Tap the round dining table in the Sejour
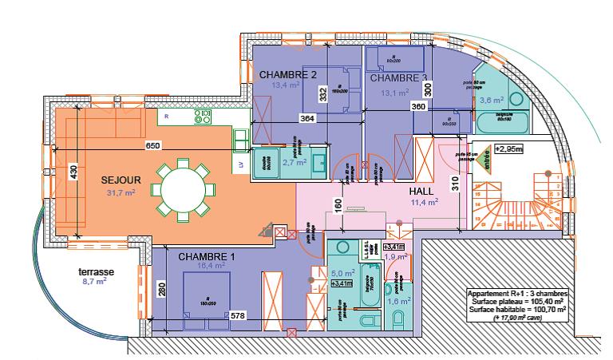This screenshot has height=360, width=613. [x=184, y=192]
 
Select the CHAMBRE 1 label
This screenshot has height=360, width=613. [x=207, y=256]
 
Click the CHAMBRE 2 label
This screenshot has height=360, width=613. [x=289, y=75]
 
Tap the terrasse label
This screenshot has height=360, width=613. [x=96, y=272]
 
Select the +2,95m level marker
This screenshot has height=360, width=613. [x=508, y=148]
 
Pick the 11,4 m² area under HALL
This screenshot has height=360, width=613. [x=424, y=203]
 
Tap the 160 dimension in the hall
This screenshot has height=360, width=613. [x=338, y=204]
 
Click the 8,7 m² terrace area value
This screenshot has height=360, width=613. [x=96, y=282]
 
